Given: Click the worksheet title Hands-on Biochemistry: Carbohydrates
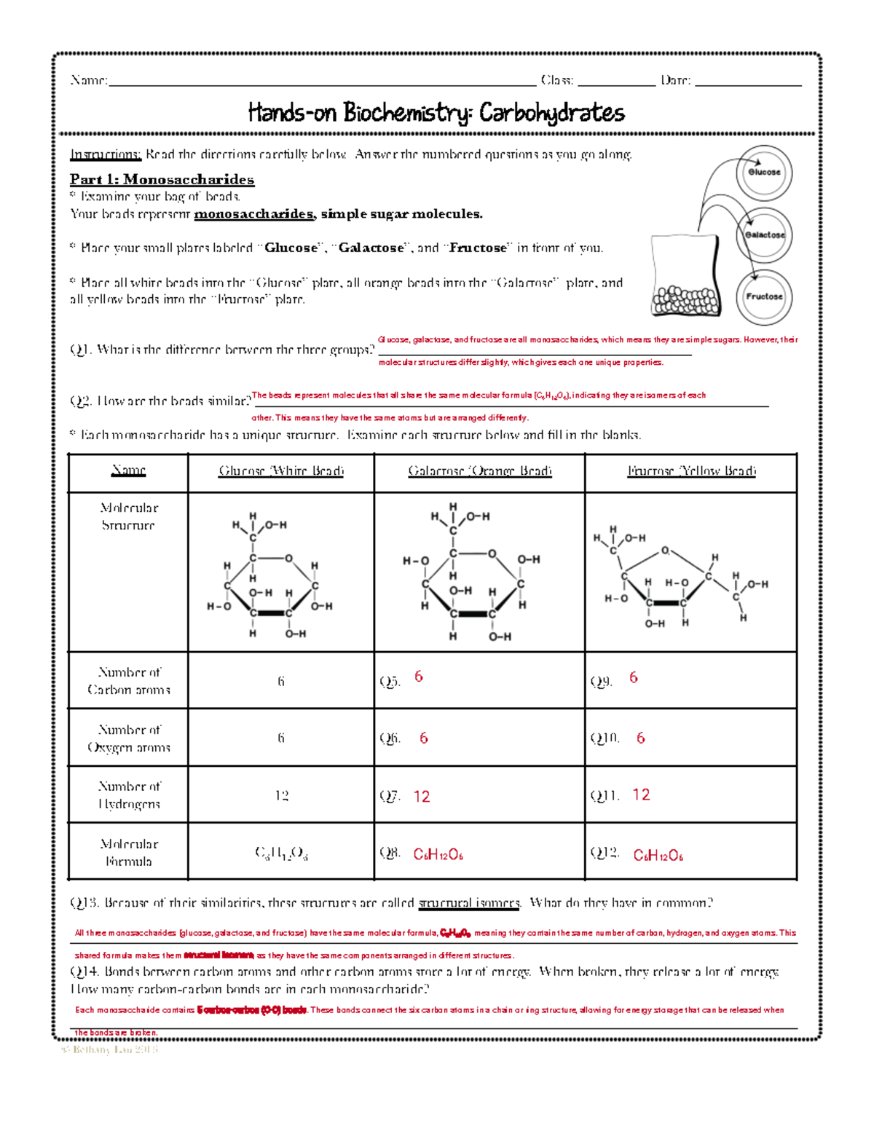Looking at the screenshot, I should pos(436,113).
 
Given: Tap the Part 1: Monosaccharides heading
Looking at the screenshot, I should pos(162,179).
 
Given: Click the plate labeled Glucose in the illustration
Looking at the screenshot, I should pos(763,173).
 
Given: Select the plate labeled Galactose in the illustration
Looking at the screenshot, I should pos(764,235).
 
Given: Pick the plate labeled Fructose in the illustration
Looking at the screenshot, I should pos(764,296).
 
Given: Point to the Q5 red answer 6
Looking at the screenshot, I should pos(419,677).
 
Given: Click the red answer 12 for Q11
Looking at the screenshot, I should pos(641,795).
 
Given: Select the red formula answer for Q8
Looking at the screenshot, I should pos(438,854).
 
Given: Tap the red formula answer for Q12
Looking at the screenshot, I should pos(658,855).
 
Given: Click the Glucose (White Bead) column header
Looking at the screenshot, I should pos(281,471).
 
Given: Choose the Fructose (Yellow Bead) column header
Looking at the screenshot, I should pos(691,471).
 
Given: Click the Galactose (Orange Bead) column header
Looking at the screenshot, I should pos(479,471).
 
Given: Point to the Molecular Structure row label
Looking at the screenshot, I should pos(128,516).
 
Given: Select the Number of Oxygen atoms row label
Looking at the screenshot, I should pos(128,738).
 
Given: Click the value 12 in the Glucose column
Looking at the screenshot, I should pos(281,795).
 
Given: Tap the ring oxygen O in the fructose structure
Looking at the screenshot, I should pos(665,551).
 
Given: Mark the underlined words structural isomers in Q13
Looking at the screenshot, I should pos(469,903).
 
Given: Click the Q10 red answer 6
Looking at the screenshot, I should pos(641,738).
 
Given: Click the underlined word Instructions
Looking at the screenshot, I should pos(105,154).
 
